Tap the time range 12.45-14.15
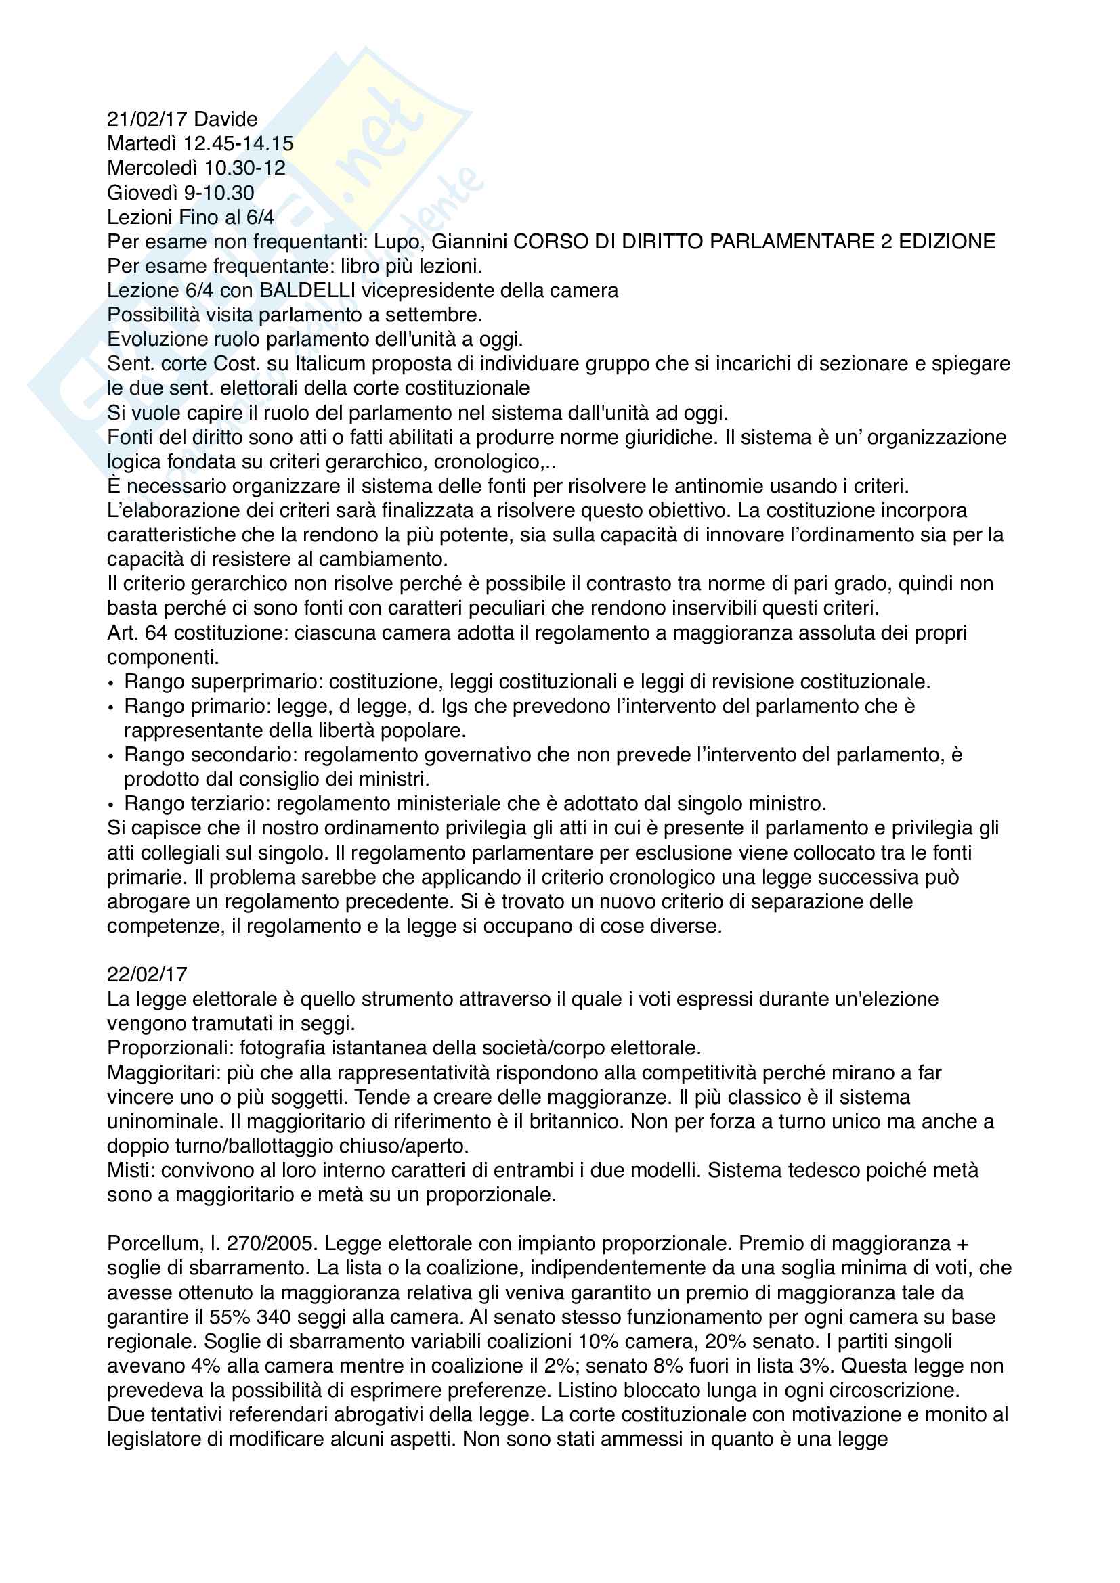[238, 143]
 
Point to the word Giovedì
[142, 192]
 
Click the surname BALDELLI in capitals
[307, 290]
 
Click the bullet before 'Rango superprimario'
[111, 684]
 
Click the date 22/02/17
[147, 974]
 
